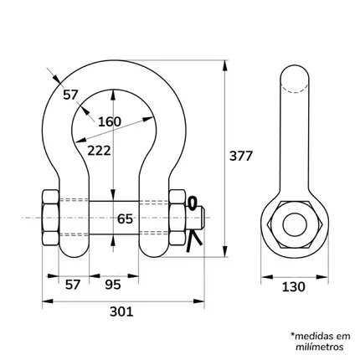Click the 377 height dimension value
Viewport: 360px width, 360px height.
(x=241, y=156)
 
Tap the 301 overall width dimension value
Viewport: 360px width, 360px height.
(x=121, y=311)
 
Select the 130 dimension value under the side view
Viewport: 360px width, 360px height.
(x=294, y=287)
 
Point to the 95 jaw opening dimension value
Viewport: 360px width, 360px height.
(x=113, y=285)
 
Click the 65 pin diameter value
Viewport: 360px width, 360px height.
(x=125, y=219)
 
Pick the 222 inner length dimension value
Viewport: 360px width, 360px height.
(x=99, y=151)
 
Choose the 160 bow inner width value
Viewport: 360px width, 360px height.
(x=110, y=122)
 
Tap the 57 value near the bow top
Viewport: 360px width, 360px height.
(x=70, y=95)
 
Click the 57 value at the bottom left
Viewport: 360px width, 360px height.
(x=73, y=285)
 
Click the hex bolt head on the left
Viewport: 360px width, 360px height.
(x=50, y=218)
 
